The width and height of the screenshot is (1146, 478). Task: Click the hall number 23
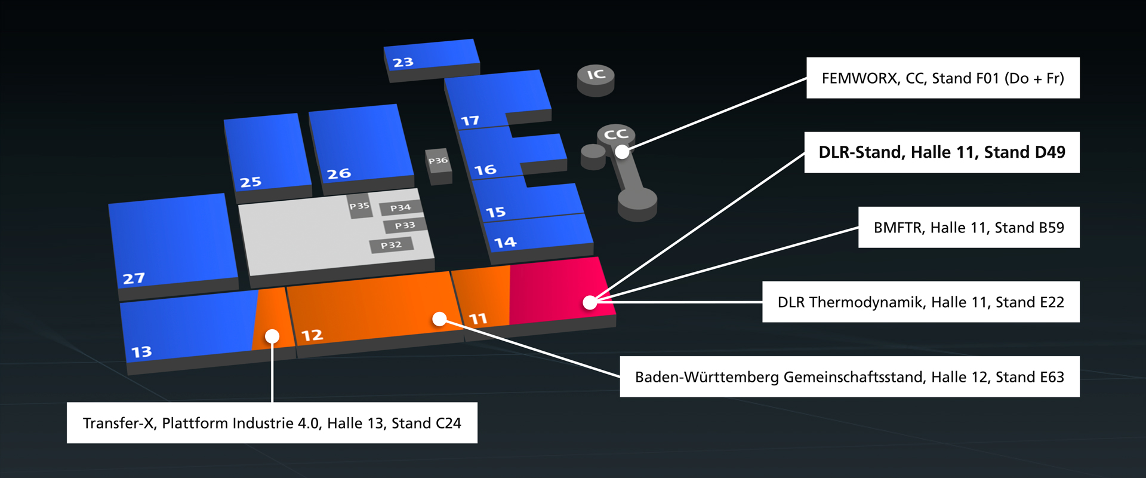point(403,62)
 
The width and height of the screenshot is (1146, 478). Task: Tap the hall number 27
point(134,278)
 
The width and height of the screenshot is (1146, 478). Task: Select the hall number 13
point(141,352)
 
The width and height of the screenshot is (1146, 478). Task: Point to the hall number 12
point(312,335)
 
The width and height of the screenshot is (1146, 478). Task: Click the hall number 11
point(478,319)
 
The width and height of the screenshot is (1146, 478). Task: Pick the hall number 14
point(505,243)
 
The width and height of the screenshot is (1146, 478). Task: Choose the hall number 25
point(251,182)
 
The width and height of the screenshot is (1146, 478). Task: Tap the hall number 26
point(338,174)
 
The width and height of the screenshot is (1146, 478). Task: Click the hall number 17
point(470,121)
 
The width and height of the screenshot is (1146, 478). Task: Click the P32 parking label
point(392,245)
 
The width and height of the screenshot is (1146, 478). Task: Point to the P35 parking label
point(359,206)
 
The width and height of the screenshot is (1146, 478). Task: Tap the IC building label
point(596,75)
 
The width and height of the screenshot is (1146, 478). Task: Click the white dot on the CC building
point(622,152)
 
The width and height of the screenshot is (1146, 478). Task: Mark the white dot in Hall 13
point(272,336)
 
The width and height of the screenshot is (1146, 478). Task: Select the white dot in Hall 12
point(439,319)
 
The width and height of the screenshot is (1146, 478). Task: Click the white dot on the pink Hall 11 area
point(590,302)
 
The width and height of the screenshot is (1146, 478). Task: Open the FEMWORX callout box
point(942,78)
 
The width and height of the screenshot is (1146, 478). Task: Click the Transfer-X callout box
point(272,423)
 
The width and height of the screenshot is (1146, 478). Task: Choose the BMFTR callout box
point(968,228)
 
